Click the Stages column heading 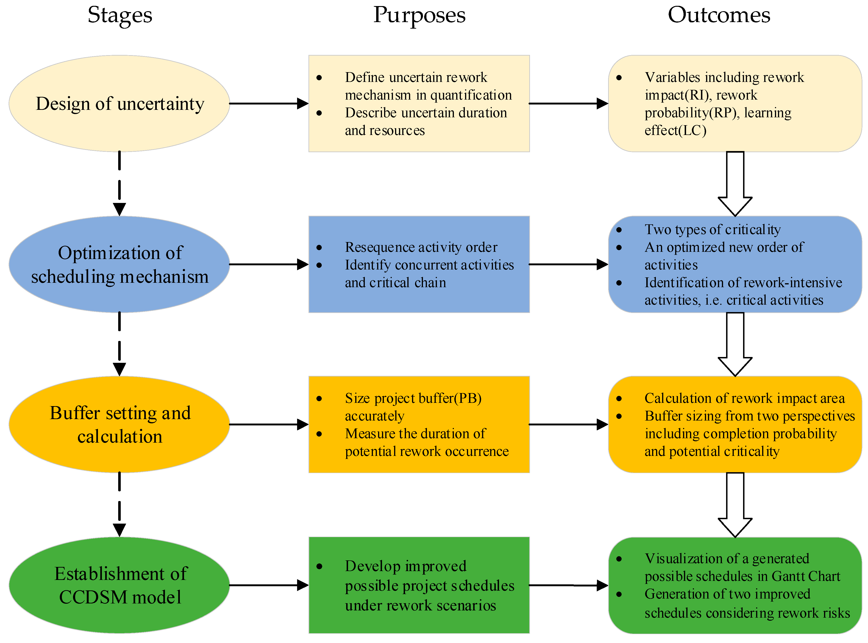[x=120, y=16]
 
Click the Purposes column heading [x=419, y=16]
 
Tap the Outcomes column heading [x=719, y=16]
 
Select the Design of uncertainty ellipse [x=119, y=104]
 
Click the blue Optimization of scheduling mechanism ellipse [x=119, y=265]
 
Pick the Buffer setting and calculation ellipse [x=119, y=425]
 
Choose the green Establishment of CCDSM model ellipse [x=119, y=585]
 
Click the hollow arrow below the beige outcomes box [x=735, y=183]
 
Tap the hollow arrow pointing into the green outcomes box [x=735, y=505]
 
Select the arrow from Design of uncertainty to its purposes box [x=268, y=104]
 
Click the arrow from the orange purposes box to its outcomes [x=568, y=425]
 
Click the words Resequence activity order [x=421, y=247]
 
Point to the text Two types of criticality [x=712, y=230]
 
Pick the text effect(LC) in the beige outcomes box [x=675, y=130]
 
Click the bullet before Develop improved [x=319, y=566]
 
